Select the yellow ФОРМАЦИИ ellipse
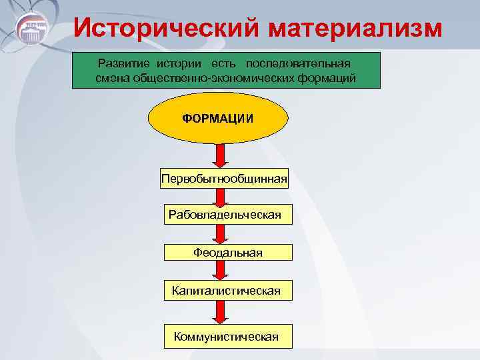tap(218, 118)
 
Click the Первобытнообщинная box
tap(225, 178)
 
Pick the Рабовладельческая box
tap(225, 215)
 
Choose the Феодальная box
tap(228, 253)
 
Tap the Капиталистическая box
tap(226, 291)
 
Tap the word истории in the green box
tap(181, 64)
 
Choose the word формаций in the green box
tap(331, 79)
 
